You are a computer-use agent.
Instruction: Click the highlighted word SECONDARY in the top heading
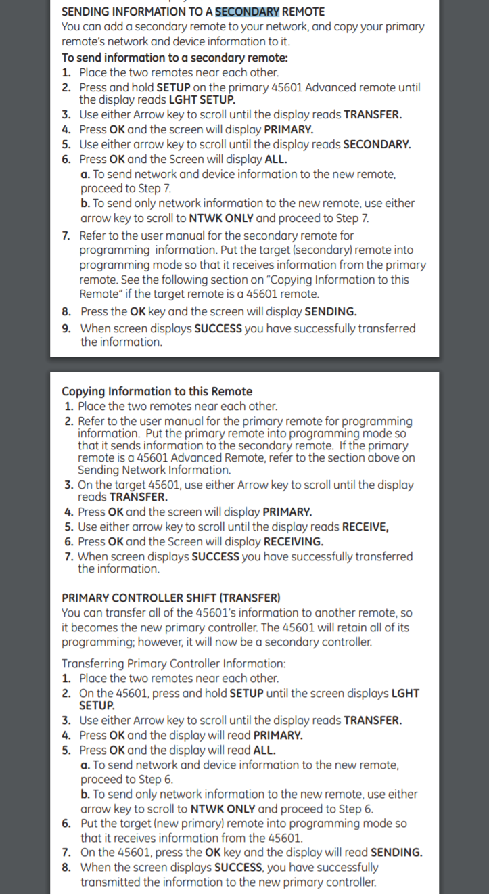click(x=247, y=12)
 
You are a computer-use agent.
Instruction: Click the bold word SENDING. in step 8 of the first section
click(x=331, y=311)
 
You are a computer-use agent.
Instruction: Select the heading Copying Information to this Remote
click(x=157, y=391)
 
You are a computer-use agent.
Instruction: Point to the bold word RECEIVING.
click(x=293, y=541)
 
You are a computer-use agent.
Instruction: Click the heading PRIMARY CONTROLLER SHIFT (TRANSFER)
click(x=170, y=598)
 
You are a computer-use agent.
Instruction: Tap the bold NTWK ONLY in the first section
click(x=222, y=218)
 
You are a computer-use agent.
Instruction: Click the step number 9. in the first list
click(x=66, y=328)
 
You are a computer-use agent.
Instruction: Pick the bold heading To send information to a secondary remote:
click(x=174, y=58)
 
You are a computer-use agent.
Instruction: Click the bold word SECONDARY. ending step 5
click(x=377, y=144)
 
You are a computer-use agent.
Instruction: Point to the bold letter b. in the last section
click(x=85, y=794)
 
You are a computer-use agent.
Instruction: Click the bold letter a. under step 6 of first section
click(x=85, y=174)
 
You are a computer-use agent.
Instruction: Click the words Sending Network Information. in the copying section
click(x=154, y=470)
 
